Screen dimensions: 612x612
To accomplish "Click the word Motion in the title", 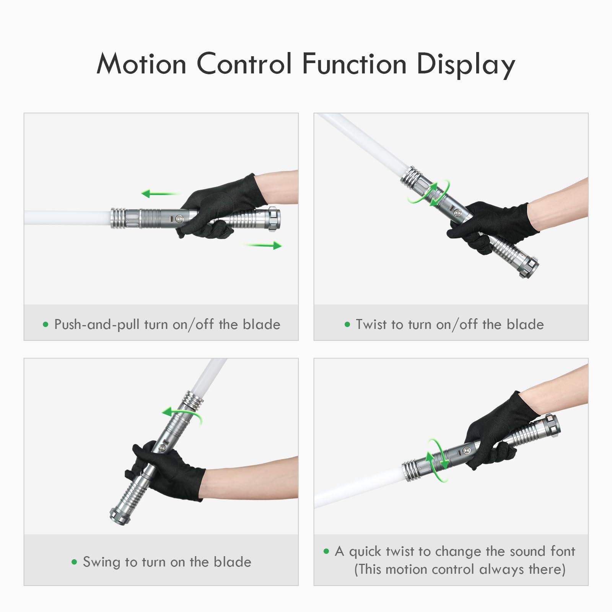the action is coord(142,63).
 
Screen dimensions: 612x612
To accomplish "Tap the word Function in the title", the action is coord(354,63).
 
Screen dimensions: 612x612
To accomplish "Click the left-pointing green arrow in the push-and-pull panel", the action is coord(161,194).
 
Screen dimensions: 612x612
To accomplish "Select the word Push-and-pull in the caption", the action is coord(97,325).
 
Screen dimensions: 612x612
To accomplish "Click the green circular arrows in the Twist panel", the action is coord(428,194).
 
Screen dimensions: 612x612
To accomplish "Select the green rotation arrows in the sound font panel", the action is coord(438,460).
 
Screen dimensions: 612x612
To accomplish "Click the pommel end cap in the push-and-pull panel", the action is coord(274,219).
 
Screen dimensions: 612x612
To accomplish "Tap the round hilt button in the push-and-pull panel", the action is coord(179,219).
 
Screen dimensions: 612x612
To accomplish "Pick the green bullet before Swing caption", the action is coord(74,562).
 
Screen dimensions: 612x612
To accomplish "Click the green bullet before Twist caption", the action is coord(347,325).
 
